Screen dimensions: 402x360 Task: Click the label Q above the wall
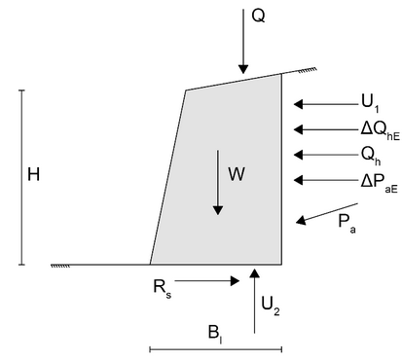click(x=258, y=16)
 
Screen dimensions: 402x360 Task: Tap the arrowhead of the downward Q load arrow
click(x=243, y=69)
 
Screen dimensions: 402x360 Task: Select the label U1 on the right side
click(x=370, y=102)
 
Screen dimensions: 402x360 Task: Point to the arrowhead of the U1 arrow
click(x=298, y=104)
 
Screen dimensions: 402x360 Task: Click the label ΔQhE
click(x=381, y=130)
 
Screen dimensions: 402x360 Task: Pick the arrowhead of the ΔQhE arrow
click(x=298, y=129)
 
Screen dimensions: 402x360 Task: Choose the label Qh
click(x=371, y=156)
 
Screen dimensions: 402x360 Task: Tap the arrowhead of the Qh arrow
click(x=298, y=155)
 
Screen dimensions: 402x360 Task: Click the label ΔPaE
click(x=380, y=183)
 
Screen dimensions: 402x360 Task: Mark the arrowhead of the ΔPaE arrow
click(x=298, y=180)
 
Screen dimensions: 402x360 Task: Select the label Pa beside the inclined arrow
click(x=347, y=224)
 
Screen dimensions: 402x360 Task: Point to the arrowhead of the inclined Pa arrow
click(x=301, y=221)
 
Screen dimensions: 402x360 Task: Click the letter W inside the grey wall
click(x=237, y=174)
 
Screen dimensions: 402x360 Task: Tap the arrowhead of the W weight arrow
click(x=218, y=210)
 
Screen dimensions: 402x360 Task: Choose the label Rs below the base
click(x=163, y=288)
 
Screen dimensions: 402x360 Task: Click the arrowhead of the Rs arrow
click(x=235, y=281)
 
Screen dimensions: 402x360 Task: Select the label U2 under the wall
click(x=271, y=306)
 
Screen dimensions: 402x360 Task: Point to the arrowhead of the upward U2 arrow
click(x=255, y=272)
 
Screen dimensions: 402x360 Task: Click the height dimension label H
click(x=34, y=174)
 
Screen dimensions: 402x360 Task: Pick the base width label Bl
click(x=215, y=334)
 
